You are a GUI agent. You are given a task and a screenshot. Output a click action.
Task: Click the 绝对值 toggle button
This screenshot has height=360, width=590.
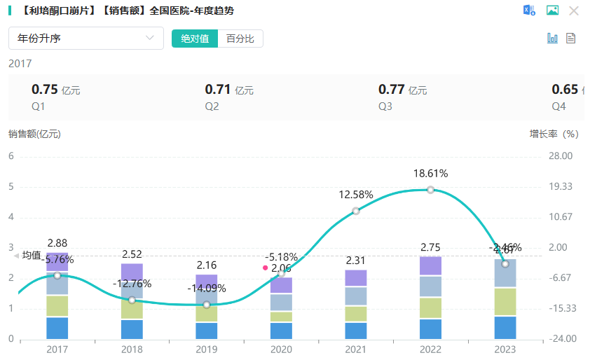[x=195, y=39]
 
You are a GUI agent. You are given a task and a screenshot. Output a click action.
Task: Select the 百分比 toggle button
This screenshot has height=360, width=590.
[x=240, y=39]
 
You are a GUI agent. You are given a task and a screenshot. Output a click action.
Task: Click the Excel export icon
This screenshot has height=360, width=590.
[x=529, y=11]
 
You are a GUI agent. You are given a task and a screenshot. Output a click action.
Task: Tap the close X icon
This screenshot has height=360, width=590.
[x=574, y=11]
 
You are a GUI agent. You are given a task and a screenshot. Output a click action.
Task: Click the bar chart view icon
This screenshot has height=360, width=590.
[x=552, y=39]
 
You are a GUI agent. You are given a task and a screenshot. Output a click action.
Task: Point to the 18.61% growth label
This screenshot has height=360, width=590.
[x=430, y=174]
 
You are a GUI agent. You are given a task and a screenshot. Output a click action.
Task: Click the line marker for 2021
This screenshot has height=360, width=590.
[x=356, y=211]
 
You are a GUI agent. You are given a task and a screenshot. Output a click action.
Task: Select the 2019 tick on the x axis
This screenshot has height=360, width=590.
[x=206, y=349]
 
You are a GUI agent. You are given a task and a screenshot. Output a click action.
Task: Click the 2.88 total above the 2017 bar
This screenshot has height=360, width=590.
[x=57, y=243]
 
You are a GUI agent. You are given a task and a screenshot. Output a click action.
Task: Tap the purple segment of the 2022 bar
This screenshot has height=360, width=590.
[x=430, y=266]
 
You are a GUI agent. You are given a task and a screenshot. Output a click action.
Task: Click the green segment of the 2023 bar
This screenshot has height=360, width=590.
[x=505, y=301]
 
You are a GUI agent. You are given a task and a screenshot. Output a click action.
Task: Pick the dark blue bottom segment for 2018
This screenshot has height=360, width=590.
[x=132, y=329]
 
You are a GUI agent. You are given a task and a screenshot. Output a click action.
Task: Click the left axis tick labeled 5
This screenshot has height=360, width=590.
[x=11, y=187]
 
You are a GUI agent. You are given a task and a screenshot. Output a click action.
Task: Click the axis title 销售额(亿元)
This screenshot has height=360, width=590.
[x=34, y=134]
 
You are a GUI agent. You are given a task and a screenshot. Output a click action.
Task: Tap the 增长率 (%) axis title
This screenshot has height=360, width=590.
[x=554, y=134]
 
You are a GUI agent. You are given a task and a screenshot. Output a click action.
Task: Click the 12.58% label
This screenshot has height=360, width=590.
[x=356, y=195]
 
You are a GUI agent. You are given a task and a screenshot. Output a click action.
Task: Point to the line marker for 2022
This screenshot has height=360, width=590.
[x=430, y=190]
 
